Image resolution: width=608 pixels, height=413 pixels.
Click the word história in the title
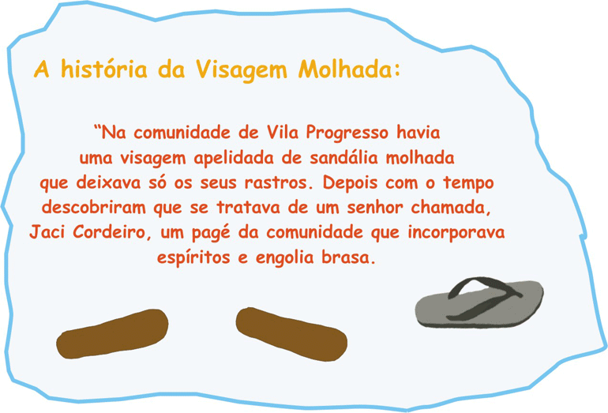click(x=104, y=69)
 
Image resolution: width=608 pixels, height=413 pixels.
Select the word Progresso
click(x=347, y=133)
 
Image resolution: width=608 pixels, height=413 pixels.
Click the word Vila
click(x=283, y=132)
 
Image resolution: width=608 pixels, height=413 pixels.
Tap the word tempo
click(x=468, y=183)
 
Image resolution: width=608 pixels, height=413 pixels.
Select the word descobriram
click(x=93, y=208)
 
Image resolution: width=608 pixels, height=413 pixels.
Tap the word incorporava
click(x=456, y=233)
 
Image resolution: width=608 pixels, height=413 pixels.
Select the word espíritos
click(x=193, y=258)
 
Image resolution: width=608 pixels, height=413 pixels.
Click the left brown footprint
click(x=112, y=333)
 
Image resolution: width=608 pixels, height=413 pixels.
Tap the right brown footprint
click(x=291, y=334)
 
